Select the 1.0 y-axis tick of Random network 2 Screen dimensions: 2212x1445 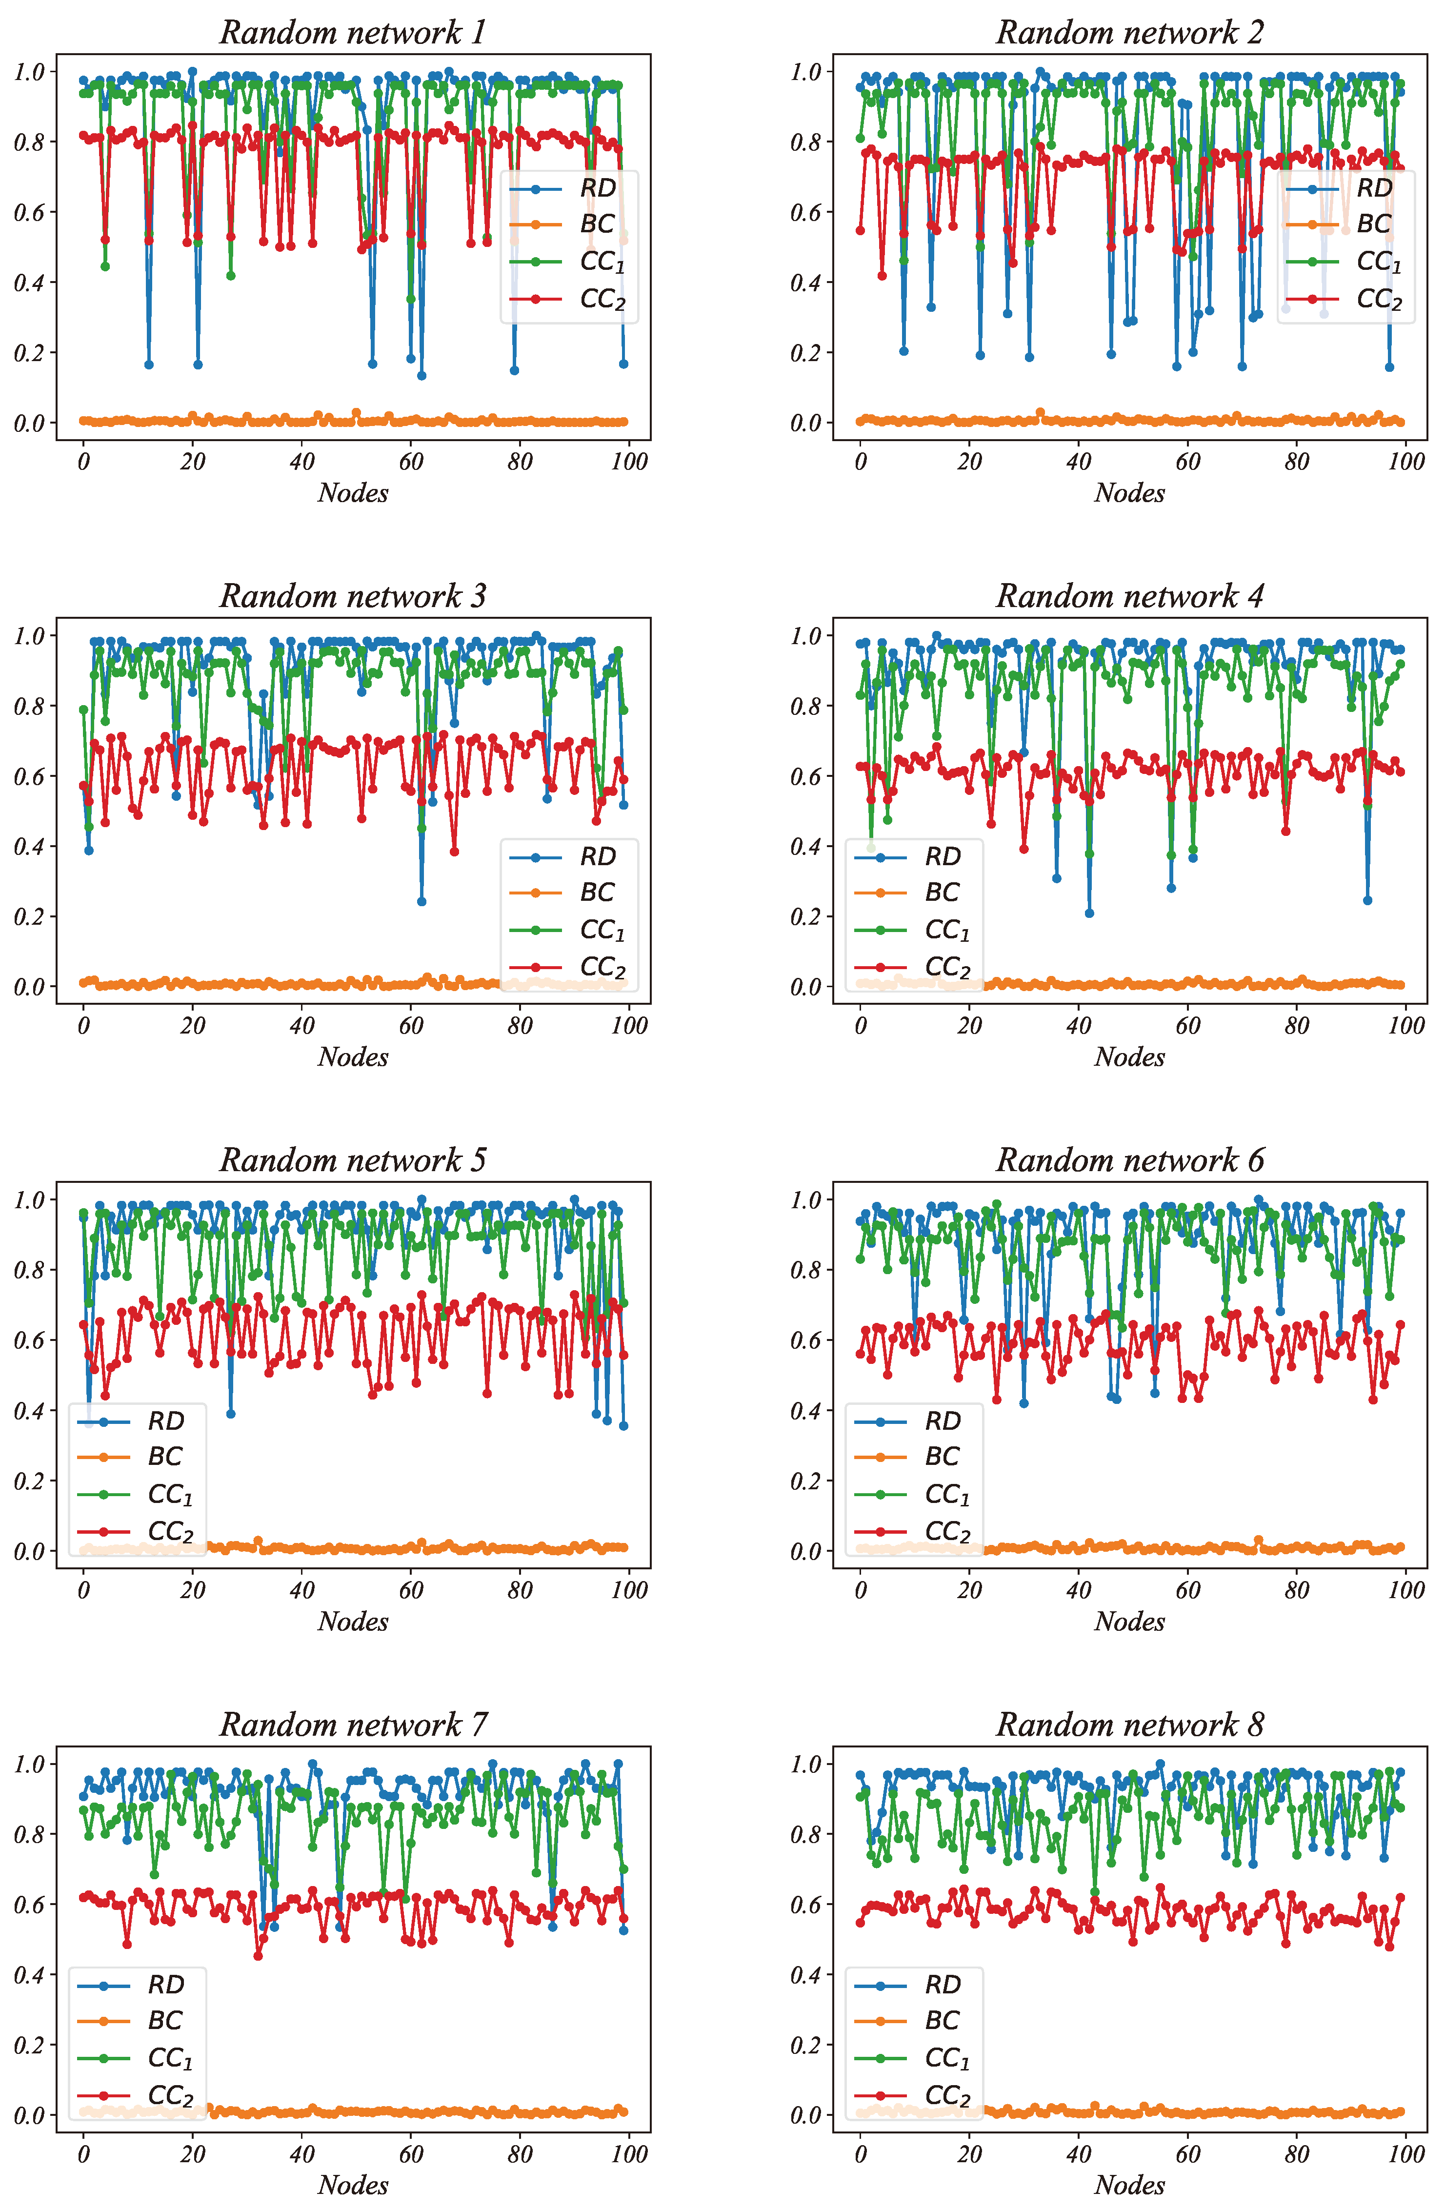(x=805, y=72)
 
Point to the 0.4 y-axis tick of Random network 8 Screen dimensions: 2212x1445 (x=805, y=1975)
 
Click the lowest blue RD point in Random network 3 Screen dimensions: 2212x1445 (x=422, y=901)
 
